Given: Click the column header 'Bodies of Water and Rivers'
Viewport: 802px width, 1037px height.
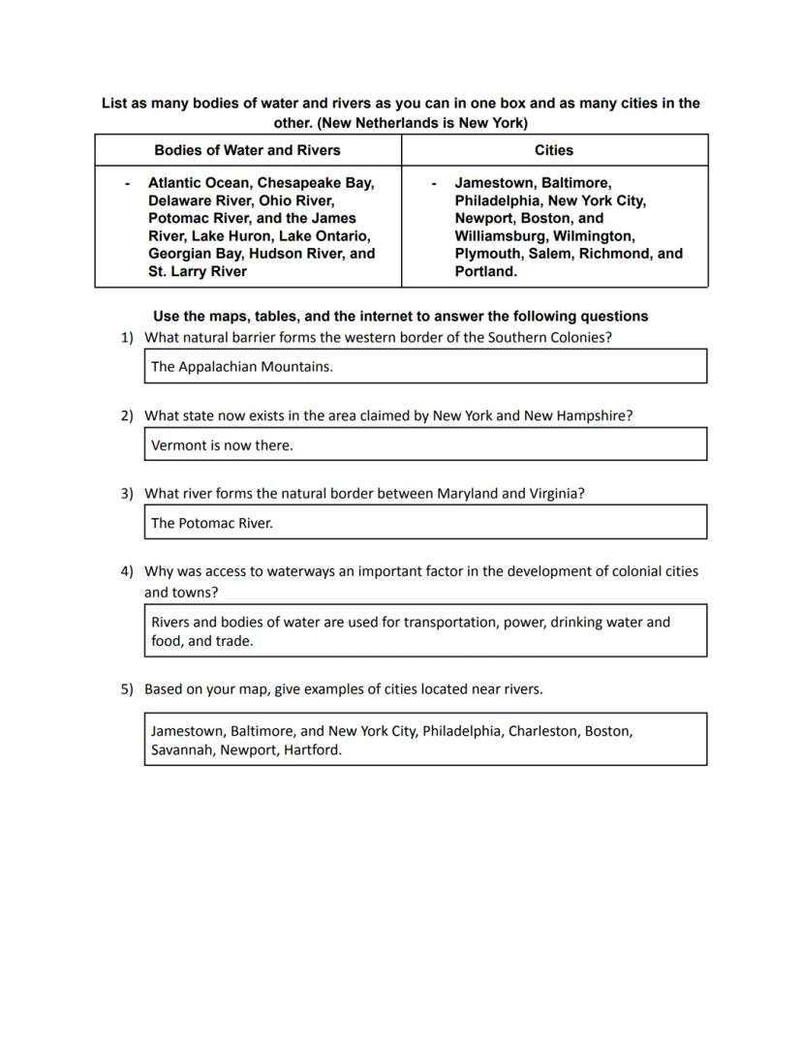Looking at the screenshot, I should (x=247, y=150).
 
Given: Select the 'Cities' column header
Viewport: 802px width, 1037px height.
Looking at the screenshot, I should (x=553, y=150).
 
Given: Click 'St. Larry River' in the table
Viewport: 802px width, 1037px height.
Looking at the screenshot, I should (x=197, y=271).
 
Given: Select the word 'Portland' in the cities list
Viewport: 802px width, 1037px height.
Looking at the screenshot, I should (x=483, y=271).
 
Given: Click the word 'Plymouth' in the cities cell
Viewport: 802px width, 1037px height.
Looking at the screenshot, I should (x=487, y=254).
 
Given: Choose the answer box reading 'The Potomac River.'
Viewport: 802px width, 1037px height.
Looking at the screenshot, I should (x=425, y=523).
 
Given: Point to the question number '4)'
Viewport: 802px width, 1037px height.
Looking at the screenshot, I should (x=127, y=571).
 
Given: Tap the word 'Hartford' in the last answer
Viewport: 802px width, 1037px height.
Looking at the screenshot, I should (x=312, y=750).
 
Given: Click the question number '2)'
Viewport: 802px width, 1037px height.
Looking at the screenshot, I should (x=127, y=415).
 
